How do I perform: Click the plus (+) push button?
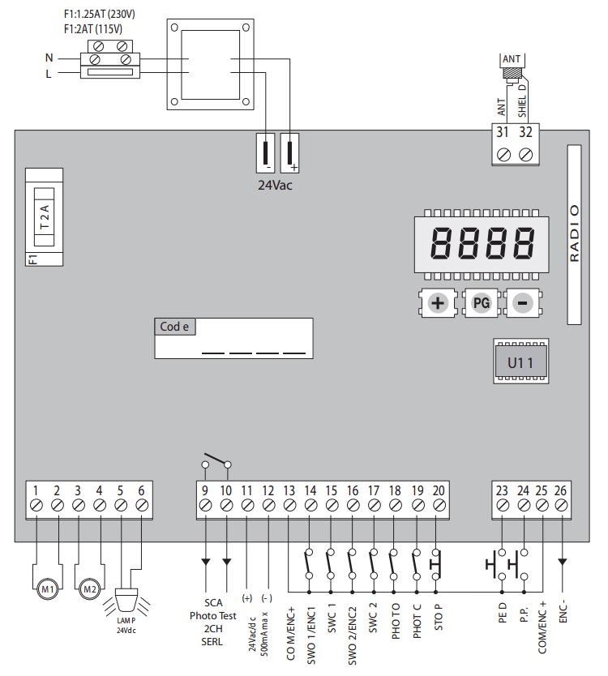pyautogui.click(x=438, y=304)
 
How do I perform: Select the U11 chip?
pyautogui.click(x=520, y=362)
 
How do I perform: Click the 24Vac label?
pyautogui.click(x=275, y=186)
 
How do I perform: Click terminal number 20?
pyautogui.click(x=439, y=490)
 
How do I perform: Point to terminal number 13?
pyautogui.click(x=289, y=490)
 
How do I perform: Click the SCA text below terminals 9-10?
pyautogui.click(x=213, y=603)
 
